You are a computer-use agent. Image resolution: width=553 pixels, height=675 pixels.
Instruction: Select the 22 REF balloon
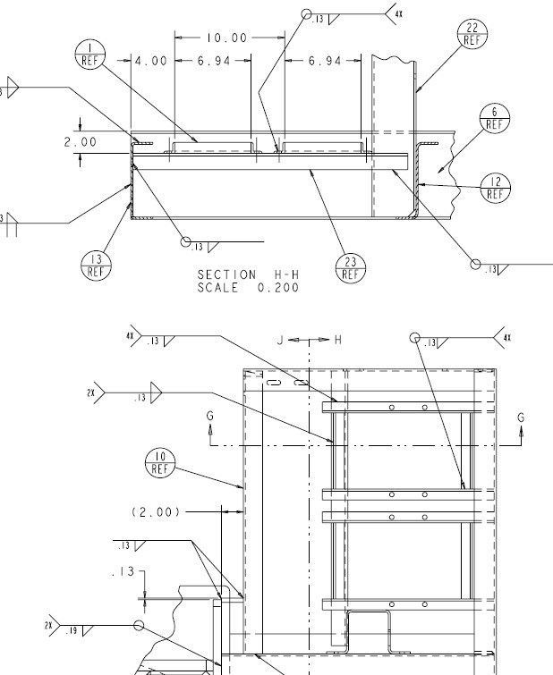(x=472, y=34)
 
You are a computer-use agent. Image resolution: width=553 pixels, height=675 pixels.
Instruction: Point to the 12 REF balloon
(x=495, y=188)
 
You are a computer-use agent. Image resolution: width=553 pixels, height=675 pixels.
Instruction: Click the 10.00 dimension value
(x=225, y=38)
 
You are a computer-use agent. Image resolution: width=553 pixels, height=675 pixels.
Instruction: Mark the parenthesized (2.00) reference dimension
(x=156, y=511)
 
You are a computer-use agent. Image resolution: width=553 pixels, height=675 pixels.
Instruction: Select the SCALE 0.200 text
(x=248, y=287)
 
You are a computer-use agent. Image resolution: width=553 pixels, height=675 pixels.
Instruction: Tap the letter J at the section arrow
(x=280, y=340)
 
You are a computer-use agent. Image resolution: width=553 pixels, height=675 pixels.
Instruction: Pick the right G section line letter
(x=521, y=417)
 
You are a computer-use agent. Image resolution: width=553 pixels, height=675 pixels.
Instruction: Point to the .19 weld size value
(x=72, y=630)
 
